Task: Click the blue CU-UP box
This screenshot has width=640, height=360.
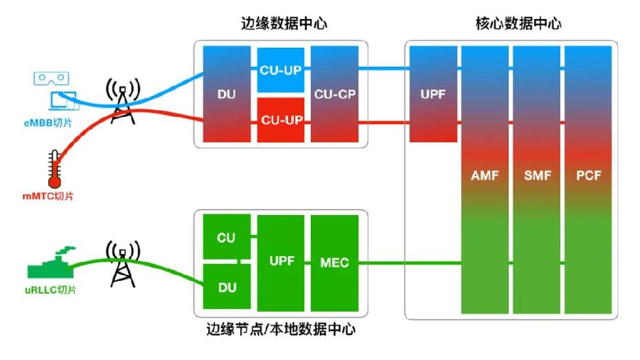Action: (280, 69)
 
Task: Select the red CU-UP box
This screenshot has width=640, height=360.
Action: (280, 120)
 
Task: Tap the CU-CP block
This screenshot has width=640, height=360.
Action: (334, 94)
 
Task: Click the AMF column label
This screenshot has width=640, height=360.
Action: (484, 175)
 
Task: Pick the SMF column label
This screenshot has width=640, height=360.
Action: (537, 175)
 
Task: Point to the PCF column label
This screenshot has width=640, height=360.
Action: (588, 175)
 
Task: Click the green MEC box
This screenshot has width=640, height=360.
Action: (334, 263)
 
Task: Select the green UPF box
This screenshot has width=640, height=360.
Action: (281, 261)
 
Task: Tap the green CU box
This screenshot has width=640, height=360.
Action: (226, 237)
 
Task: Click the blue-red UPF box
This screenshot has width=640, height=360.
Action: (432, 94)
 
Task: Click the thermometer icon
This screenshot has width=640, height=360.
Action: (54, 169)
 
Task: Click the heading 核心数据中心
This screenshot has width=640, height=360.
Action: (517, 24)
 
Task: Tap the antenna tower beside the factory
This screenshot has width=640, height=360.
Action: (123, 265)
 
